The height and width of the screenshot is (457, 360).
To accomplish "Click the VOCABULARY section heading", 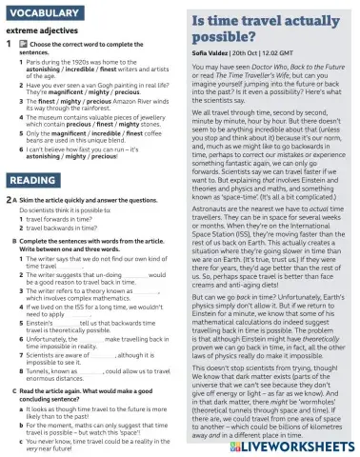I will click(46, 12).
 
